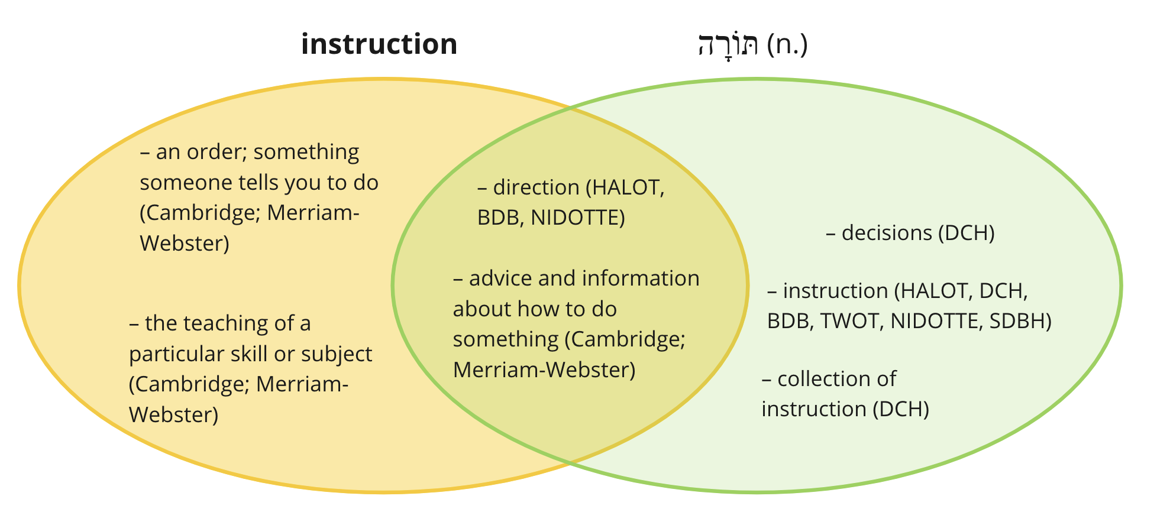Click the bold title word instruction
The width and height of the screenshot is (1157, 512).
pos(379,44)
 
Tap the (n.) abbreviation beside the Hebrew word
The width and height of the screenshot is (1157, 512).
pos(787,45)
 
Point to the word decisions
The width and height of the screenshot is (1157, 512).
pos(887,233)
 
